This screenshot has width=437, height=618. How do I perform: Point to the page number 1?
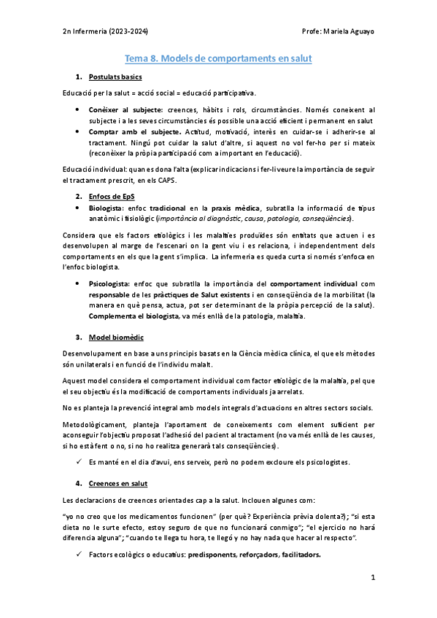pyautogui.click(x=372, y=577)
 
